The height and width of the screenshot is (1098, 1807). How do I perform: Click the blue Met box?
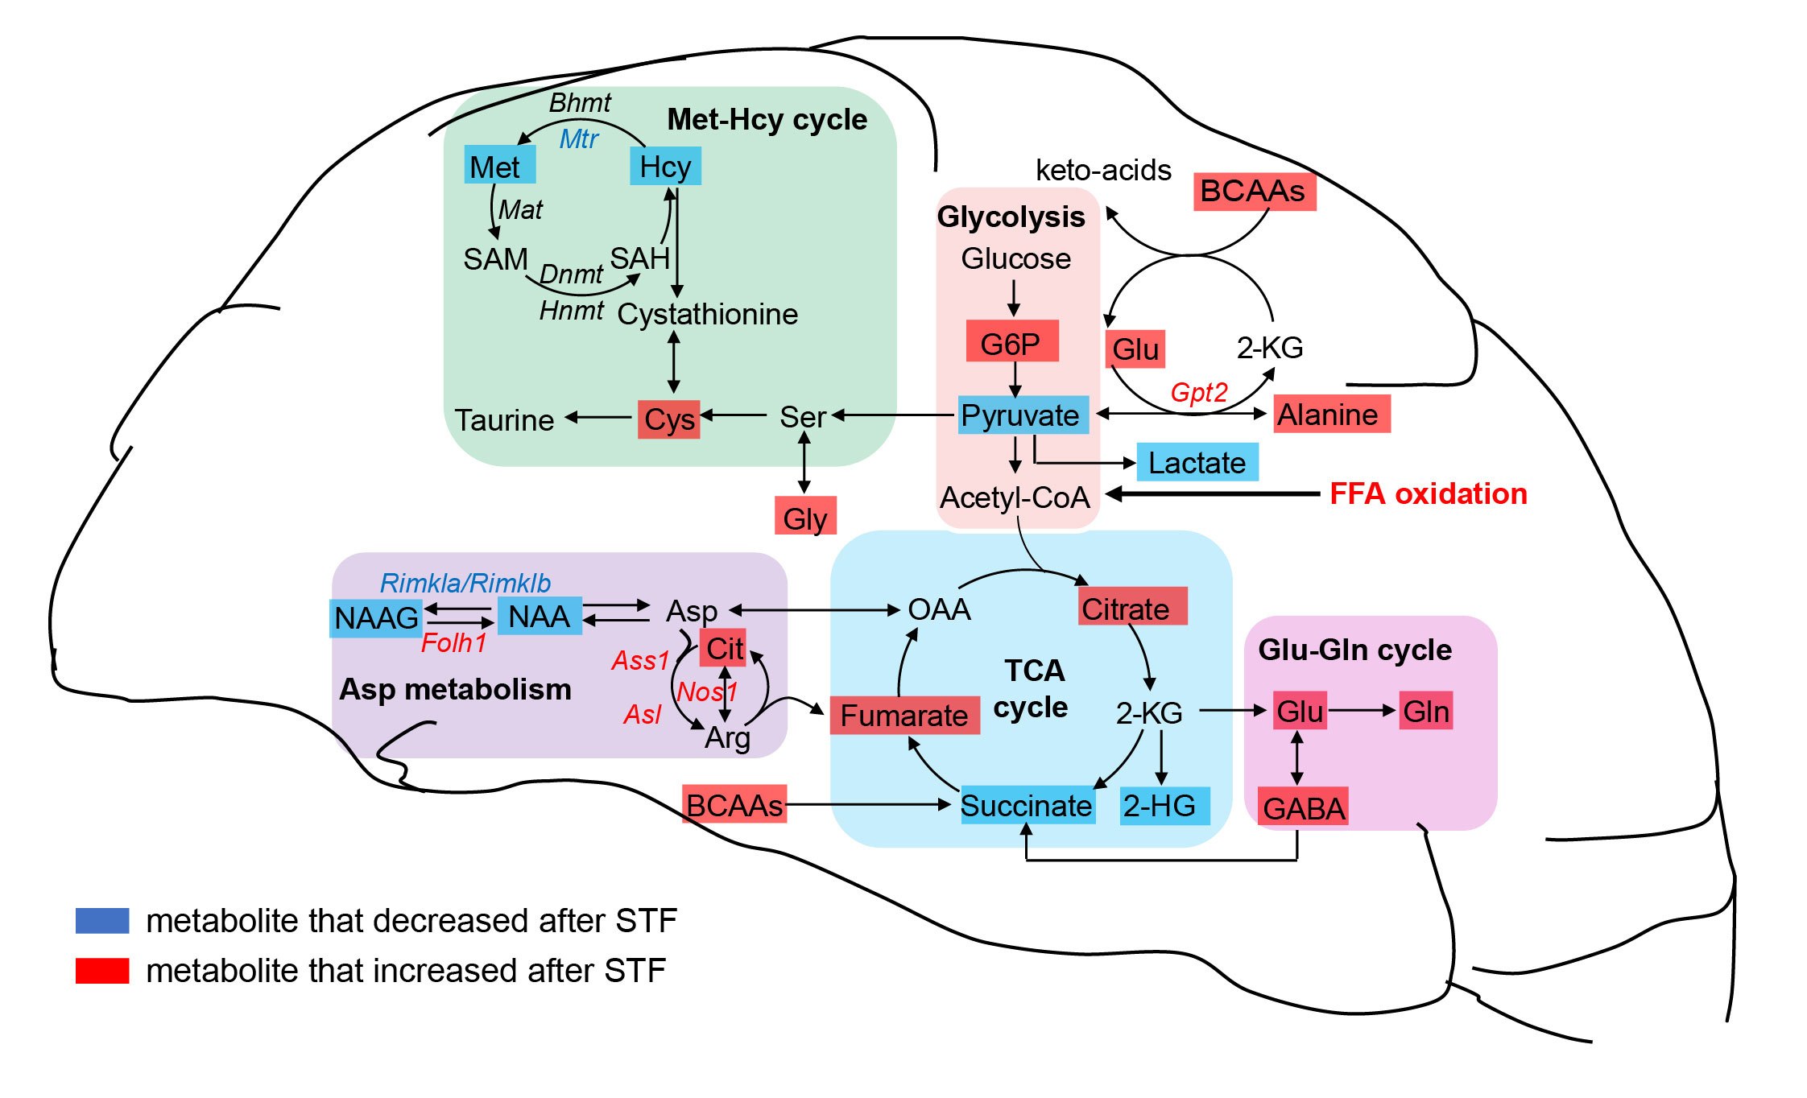tap(499, 166)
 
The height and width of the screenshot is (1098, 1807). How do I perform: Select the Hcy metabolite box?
tap(665, 166)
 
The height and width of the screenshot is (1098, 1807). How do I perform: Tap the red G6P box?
tap(1012, 342)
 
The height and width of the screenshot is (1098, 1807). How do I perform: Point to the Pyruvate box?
tap(1023, 415)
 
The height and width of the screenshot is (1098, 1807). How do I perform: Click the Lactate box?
tap(1197, 463)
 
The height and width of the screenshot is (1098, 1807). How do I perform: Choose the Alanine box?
tap(1331, 415)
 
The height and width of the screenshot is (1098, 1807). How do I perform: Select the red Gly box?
tap(805, 517)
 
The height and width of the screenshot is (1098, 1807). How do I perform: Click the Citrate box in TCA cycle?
tap(1131, 607)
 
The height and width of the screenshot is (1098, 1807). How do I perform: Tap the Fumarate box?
tap(904, 715)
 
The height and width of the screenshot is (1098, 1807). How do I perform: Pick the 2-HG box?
tap(1164, 806)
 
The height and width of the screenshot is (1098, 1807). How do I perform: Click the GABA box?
tap(1303, 807)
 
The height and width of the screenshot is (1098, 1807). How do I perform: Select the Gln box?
tap(1425, 711)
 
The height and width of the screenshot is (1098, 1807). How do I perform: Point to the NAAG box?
tap(375, 618)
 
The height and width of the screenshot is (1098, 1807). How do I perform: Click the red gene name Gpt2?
tap(1198, 393)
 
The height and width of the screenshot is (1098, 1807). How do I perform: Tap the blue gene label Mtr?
tap(578, 139)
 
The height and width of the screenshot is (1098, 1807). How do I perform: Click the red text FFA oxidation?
tap(1428, 493)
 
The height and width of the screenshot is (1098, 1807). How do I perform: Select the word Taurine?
tap(504, 420)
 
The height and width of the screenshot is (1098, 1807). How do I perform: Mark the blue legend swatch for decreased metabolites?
tap(102, 920)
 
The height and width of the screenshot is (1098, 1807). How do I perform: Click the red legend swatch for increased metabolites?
tap(102, 970)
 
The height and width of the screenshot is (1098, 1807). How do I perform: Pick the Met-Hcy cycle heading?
tap(767, 119)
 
